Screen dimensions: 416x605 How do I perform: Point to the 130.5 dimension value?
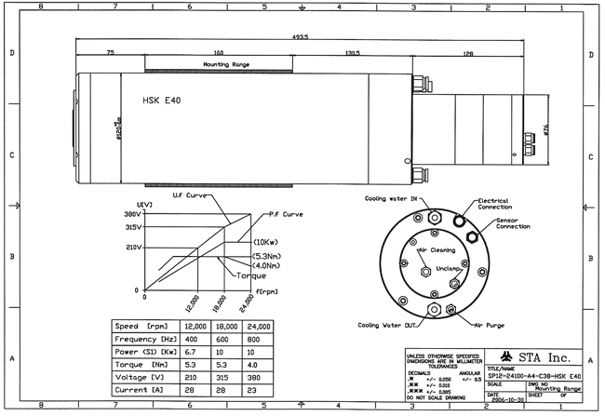[352, 54]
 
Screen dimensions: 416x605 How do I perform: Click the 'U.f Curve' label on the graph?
[191, 196]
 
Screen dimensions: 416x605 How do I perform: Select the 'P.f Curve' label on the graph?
[288, 213]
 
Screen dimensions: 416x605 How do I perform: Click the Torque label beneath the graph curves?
[249, 275]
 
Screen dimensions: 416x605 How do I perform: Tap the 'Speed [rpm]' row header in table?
[145, 327]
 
